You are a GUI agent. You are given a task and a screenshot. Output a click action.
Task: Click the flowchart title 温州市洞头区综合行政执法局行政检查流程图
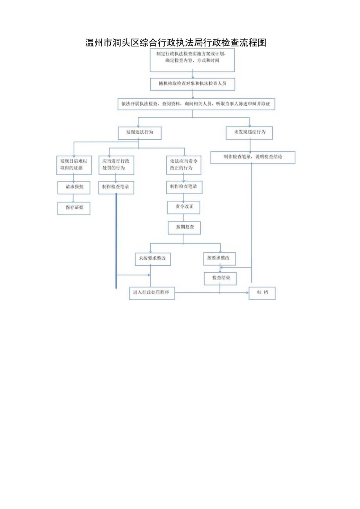176,43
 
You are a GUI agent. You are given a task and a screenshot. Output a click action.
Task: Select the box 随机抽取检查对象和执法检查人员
192,84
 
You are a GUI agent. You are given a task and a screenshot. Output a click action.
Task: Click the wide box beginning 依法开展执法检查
196,104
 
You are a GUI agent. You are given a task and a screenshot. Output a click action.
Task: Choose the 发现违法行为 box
139,133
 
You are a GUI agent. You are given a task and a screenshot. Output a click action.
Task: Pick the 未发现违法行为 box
249,133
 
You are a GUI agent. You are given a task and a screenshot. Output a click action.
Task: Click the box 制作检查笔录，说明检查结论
252,157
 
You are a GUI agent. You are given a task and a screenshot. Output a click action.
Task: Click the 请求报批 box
74,187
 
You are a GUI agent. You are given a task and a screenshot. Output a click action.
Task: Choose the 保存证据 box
74,208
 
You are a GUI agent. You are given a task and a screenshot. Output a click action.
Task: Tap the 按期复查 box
184,227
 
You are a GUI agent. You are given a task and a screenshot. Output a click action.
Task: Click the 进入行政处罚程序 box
152,293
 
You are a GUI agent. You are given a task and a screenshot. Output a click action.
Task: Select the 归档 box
262,293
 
